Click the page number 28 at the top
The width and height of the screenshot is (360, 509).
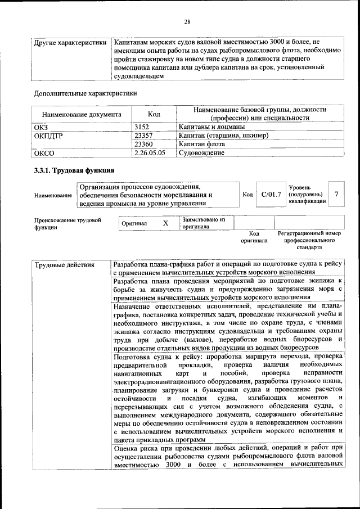click(187, 22)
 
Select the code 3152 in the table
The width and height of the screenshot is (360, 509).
click(145, 127)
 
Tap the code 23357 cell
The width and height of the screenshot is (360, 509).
click(146, 136)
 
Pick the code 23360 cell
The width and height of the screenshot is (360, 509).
click(146, 144)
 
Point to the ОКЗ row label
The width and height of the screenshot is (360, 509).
click(43, 127)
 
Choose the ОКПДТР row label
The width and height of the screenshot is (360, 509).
click(49, 136)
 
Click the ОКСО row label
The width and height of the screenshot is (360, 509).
click(44, 152)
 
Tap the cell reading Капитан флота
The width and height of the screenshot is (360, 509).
click(201, 144)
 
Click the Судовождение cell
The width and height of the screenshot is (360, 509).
click(201, 152)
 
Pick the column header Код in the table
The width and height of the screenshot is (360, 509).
click(154, 114)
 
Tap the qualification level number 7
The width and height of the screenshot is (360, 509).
click(336, 194)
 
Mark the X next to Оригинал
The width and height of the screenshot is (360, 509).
click(165, 223)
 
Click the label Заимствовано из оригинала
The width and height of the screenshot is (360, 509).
click(203, 223)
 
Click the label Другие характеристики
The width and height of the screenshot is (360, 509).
click(70, 42)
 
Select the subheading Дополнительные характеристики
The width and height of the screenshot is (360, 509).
click(85, 93)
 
